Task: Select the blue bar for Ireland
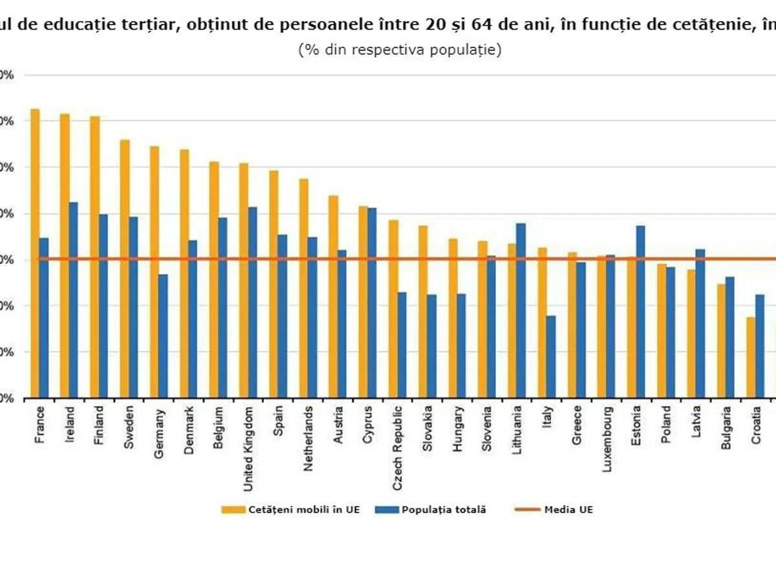[74, 300]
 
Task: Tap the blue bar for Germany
[163, 336]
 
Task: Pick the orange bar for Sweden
[125, 269]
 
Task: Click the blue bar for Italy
[551, 357]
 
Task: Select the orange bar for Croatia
[750, 358]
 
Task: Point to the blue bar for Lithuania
[521, 310]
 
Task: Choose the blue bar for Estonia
[640, 312]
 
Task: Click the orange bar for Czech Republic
[393, 309]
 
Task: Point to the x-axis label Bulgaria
[726, 426]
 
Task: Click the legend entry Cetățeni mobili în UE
[291, 510]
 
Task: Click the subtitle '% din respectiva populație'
[400, 50]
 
